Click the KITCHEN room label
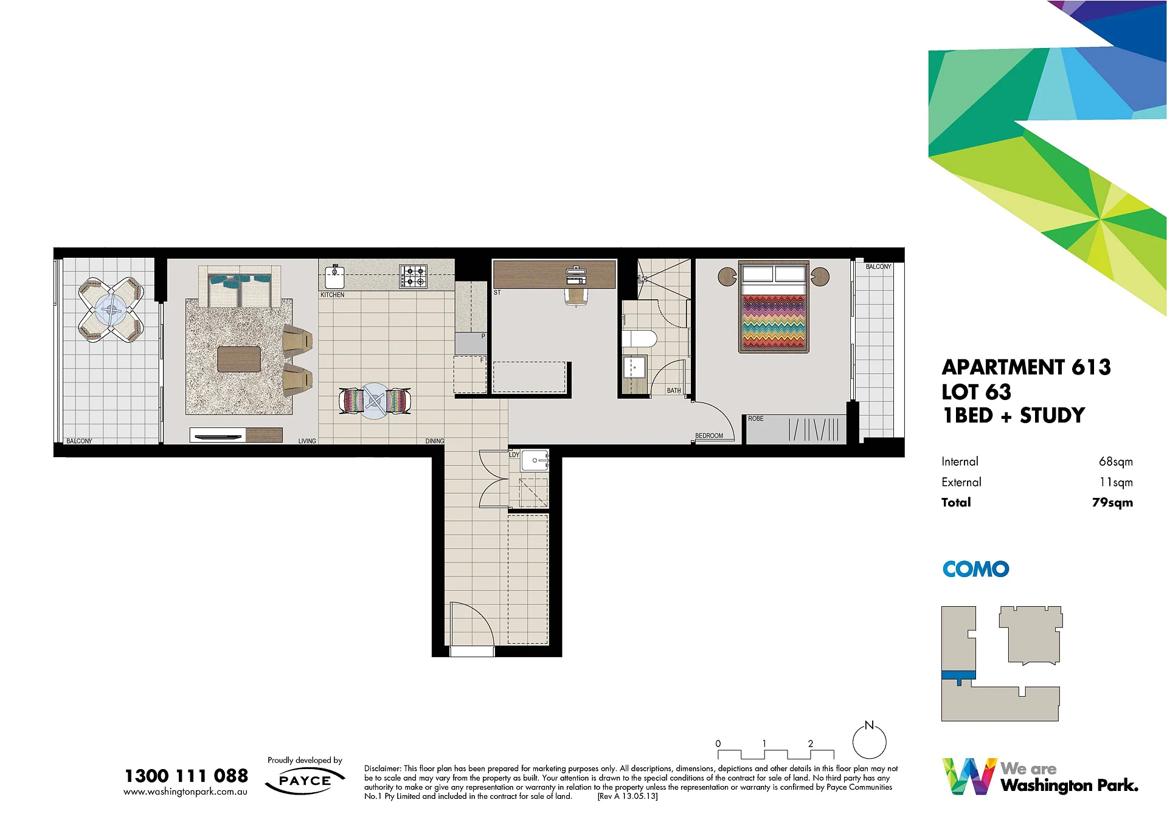(x=332, y=295)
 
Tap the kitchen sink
(x=334, y=277)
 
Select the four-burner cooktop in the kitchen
(x=413, y=277)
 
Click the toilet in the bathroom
(x=639, y=339)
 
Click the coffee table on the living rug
(x=239, y=359)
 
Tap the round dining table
(x=375, y=401)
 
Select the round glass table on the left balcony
(x=111, y=310)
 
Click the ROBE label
(x=755, y=419)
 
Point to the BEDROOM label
(x=709, y=436)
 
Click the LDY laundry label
(x=514, y=455)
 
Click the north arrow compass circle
(x=869, y=742)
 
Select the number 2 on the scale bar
(x=811, y=744)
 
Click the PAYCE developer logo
(x=305, y=781)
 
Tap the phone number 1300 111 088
(x=186, y=776)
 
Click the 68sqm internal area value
(x=1115, y=461)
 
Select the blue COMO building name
(x=975, y=569)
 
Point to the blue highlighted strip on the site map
(x=958, y=675)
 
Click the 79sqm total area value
(x=1112, y=502)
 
